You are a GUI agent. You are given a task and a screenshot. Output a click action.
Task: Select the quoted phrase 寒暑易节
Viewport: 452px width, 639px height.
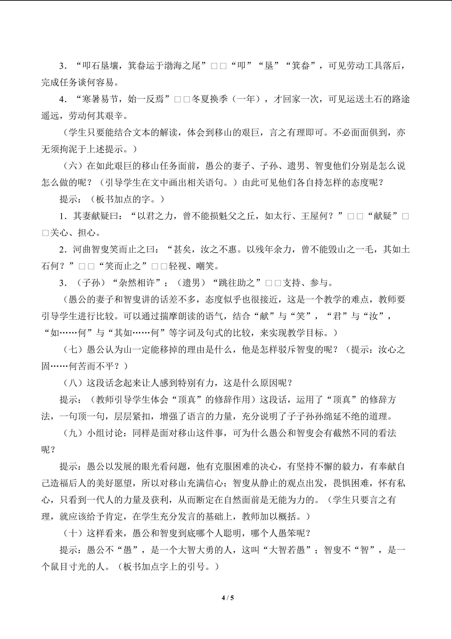(100, 99)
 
